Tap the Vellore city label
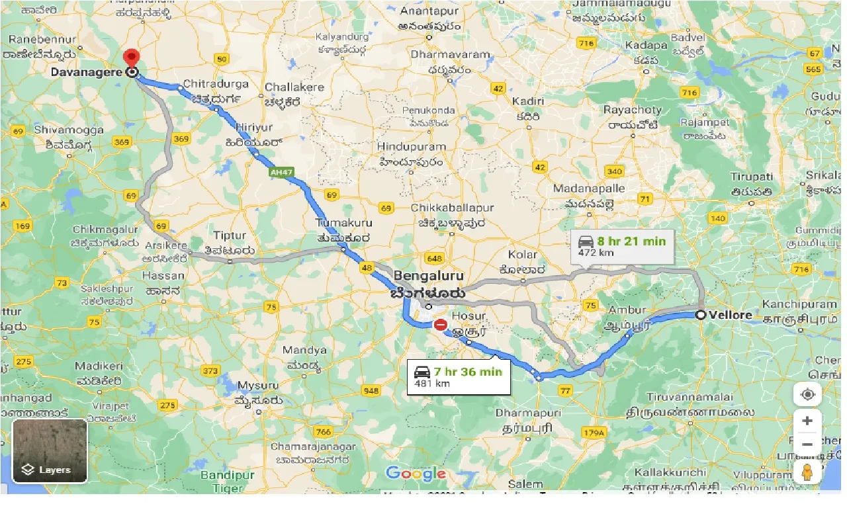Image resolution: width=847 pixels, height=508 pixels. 730,315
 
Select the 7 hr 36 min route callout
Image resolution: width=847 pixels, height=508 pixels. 459,376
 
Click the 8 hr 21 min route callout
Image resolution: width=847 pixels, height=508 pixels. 622,246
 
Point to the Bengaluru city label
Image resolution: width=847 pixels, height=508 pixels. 428,275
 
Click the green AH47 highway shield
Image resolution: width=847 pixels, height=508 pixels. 281,172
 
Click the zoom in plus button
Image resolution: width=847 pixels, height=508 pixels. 807,421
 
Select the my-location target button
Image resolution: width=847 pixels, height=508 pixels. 807,395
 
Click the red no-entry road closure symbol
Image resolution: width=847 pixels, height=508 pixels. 440,325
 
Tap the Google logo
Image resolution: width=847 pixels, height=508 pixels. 416,474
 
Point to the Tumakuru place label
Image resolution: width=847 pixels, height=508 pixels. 343,223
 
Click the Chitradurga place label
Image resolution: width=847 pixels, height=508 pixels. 216,84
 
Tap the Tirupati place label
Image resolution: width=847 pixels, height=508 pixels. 752,177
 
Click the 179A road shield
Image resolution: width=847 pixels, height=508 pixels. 595,433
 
